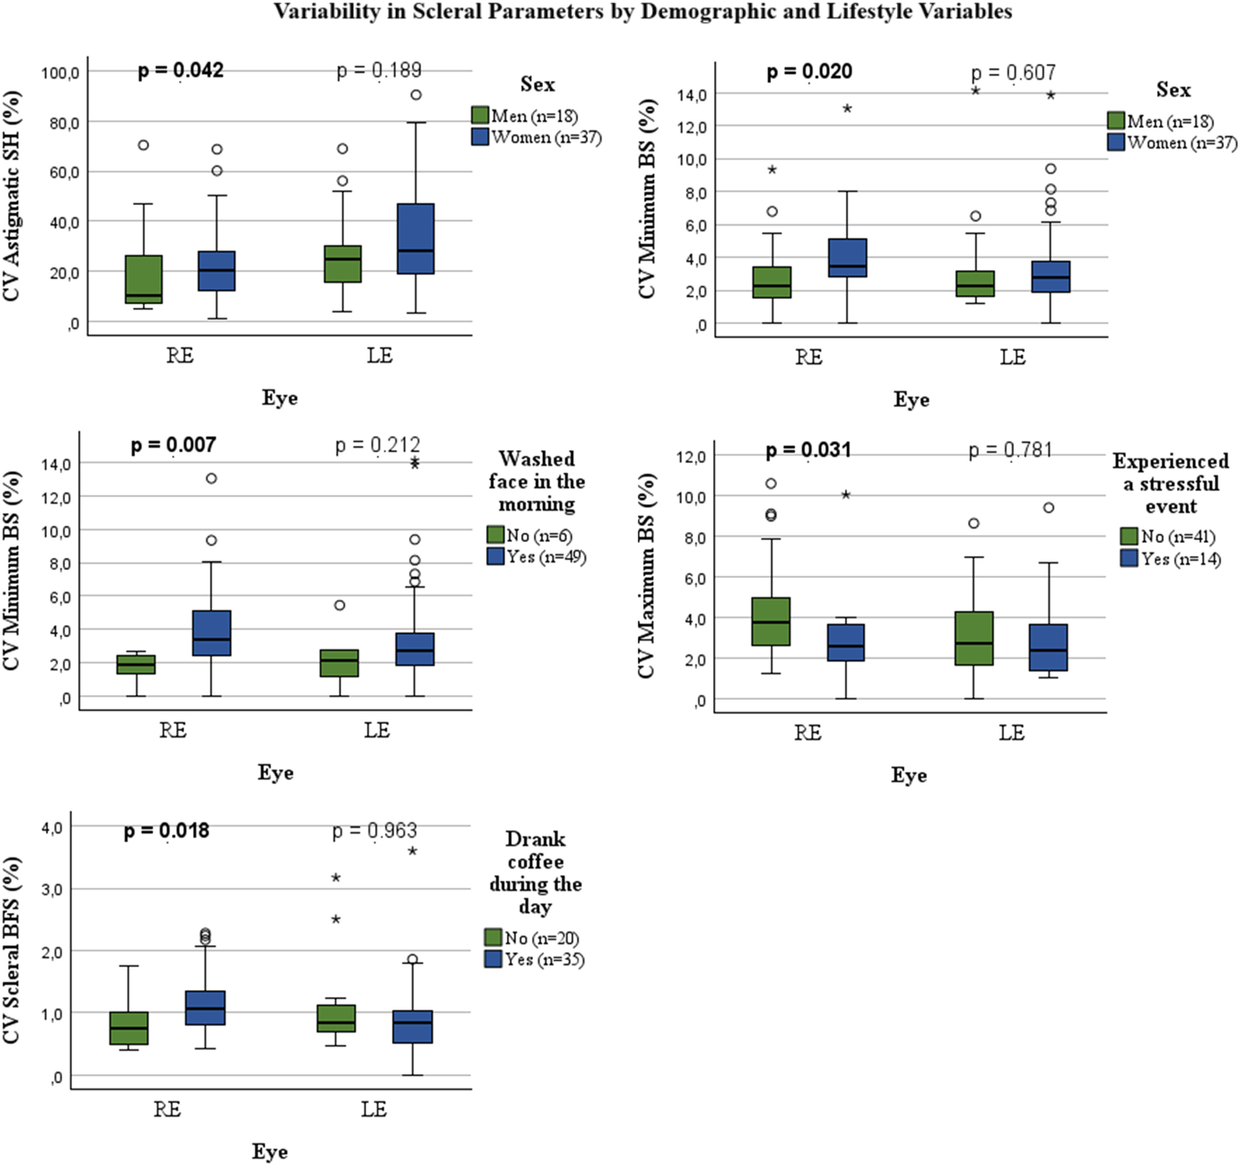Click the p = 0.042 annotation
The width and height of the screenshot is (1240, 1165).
point(180,70)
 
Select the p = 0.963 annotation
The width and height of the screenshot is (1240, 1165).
point(374,831)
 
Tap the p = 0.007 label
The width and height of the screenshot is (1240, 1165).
point(173,445)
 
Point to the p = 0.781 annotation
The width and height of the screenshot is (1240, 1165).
point(1011,450)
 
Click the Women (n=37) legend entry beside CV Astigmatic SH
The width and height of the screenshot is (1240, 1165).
point(536,137)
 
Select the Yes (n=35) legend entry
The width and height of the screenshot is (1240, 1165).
point(535,959)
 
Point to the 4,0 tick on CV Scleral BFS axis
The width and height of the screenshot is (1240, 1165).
point(52,828)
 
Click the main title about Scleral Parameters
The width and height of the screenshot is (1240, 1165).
point(642,11)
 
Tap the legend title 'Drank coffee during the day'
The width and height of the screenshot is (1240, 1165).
point(535,873)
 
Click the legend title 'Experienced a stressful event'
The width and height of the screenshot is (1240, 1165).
point(1171,484)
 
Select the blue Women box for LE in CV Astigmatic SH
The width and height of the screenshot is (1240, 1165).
point(416,238)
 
